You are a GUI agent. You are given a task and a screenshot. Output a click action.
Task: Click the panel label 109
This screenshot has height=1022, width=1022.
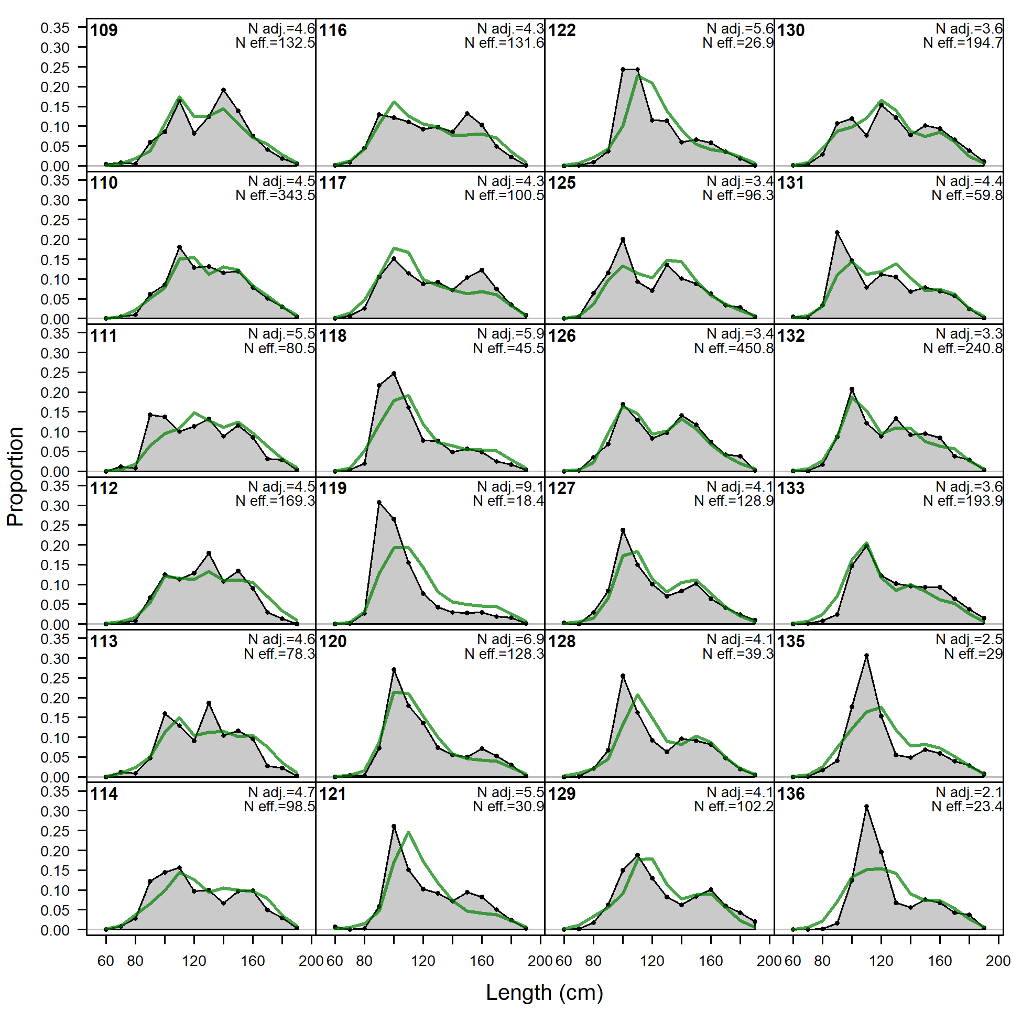[x=104, y=30]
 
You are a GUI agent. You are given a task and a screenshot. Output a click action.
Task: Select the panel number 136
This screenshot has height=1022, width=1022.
[x=791, y=793]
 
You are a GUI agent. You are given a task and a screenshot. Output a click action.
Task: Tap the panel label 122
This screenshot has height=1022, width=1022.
[x=562, y=30]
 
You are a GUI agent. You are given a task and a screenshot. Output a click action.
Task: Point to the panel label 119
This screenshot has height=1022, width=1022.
[x=333, y=488]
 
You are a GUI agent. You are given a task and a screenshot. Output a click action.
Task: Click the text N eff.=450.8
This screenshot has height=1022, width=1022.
[x=733, y=348]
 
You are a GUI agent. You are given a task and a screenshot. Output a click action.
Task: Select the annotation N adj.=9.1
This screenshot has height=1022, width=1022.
[x=510, y=486]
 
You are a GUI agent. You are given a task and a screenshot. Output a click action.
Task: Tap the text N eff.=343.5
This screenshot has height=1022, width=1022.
[x=275, y=195]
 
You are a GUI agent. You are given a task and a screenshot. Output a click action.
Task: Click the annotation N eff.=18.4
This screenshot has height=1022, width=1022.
[x=508, y=501]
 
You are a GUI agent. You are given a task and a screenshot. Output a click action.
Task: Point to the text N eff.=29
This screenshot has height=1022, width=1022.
[x=973, y=654]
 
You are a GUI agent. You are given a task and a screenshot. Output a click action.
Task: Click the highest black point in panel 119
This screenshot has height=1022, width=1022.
[x=379, y=502]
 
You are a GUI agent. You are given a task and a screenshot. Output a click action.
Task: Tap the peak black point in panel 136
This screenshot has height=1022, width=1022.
[x=866, y=807]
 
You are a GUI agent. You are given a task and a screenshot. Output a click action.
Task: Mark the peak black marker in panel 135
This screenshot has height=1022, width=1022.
[x=866, y=656]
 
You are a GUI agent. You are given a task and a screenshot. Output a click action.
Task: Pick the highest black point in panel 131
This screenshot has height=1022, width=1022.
[x=837, y=232]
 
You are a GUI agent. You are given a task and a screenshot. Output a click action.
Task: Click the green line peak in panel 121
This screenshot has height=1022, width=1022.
[x=409, y=832]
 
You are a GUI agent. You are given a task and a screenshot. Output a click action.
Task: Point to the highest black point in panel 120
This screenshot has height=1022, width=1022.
[x=394, y=670]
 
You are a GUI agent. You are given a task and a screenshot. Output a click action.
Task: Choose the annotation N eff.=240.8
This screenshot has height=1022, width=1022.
[x=963, y=348]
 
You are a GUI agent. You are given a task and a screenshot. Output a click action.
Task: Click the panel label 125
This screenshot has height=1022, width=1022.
[x=562, y=183]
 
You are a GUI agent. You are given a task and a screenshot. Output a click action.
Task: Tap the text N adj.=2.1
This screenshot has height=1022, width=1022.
[x=969, y=792]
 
